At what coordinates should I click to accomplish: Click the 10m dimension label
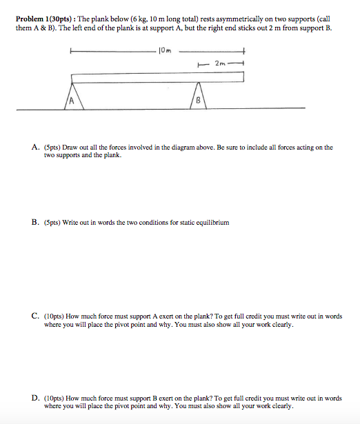click(x=165, y=50)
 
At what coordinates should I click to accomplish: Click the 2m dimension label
click(x=220, y=63)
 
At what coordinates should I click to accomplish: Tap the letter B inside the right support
click(x=199, y=101)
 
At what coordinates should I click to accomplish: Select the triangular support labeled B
click(x=198, y=96)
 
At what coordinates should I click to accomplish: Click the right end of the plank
click(x=243, y=77)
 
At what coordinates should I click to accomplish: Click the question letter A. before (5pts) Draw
click(x=34, y=148)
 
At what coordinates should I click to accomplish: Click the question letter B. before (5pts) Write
click(x=34, y=223)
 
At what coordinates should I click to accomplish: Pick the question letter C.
click(x=34, y=316)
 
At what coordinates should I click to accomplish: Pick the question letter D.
click(x=34, y=398)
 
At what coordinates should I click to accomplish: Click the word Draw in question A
click(x=70, y=148)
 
